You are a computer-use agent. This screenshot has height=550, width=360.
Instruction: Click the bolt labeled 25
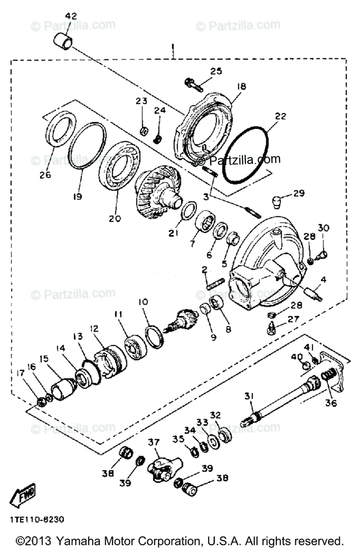point(193,83)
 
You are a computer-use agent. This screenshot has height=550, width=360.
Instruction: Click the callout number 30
point(324,227)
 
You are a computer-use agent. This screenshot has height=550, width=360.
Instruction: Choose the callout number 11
point(119,314)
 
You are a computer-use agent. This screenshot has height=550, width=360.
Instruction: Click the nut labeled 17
point(40,402)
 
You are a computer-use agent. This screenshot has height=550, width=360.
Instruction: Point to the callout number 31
point(249,396)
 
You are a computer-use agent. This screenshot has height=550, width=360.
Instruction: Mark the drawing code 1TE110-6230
point(35,520)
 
